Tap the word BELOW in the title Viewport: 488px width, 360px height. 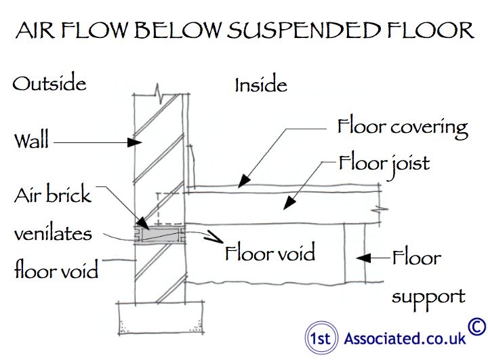click(178, 31)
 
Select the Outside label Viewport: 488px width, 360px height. click(49, 83)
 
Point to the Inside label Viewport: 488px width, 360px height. click(261, 85)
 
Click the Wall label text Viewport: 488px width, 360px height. click(31, 142)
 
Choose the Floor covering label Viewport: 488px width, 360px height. click(403, 127)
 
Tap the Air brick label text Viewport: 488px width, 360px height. click(53, 195)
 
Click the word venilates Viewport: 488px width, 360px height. click(53, 233)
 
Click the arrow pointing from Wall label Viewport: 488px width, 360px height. click(95, 143)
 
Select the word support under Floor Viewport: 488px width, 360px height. click(428, 296)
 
